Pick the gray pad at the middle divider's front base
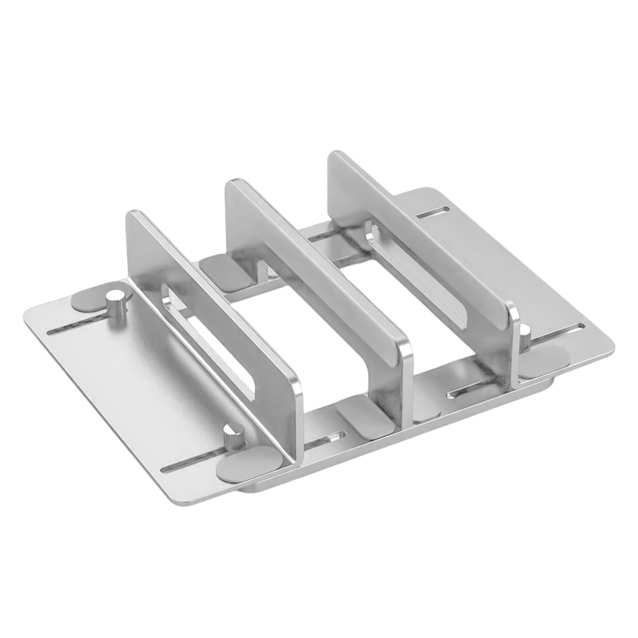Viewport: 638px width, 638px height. (364, 424)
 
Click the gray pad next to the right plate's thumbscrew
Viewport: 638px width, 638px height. (542, 361)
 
